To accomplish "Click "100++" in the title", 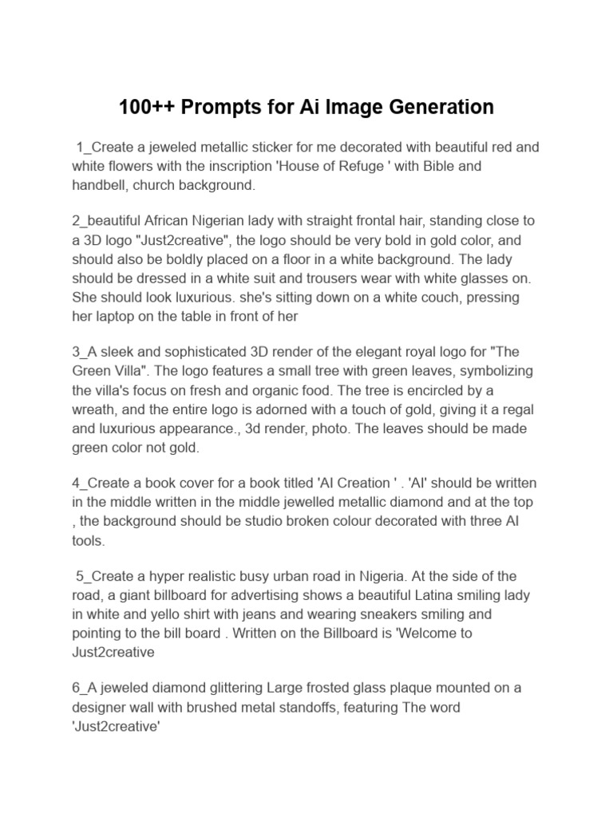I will click(x=147, y=107).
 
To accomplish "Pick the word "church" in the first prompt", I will click(x=170, y=185).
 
